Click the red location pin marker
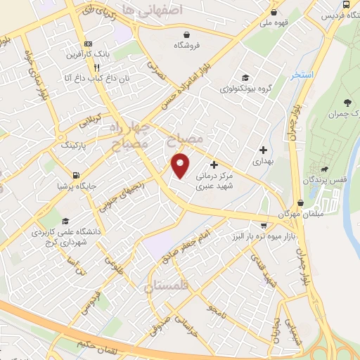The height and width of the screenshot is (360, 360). point(181,165)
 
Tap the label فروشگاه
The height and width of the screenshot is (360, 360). point(186,46)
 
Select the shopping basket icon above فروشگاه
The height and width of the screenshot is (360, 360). point(186,34)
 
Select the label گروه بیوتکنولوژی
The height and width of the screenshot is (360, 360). point(245,89)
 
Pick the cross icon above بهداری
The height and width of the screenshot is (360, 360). point(264,149)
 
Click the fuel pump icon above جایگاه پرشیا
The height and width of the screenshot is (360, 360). point(75,175)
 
